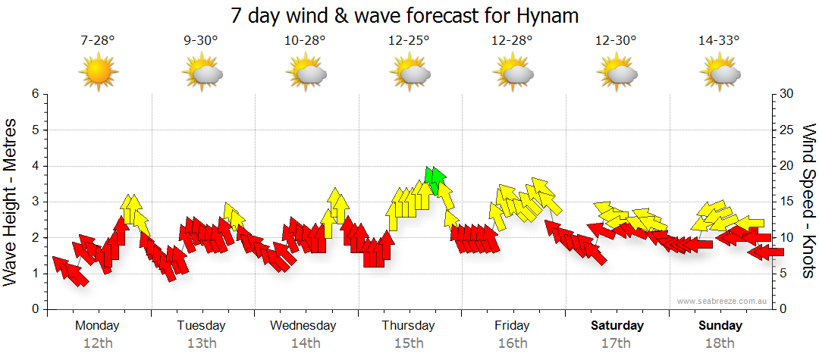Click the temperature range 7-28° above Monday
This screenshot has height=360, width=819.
point(98,41)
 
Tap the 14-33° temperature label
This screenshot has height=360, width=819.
point(719,41)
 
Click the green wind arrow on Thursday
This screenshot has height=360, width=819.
point(435,180)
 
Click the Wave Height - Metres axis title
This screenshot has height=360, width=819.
point(11,202)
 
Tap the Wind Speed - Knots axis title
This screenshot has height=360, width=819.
point(808,202)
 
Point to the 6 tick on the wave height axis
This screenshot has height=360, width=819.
point(34,94)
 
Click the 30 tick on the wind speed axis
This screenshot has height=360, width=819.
point(786,94)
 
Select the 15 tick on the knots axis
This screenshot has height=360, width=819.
point(786,202)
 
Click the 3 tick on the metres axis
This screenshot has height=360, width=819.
point(34,202)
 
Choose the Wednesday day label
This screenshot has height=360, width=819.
point(303,326)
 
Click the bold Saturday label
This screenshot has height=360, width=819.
point(617,326)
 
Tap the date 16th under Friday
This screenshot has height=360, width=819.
point(513,343)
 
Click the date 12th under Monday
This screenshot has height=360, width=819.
point(98,343)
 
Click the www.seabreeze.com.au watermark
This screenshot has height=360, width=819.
point(719,301)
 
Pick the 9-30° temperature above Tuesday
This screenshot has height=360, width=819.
point(201,41)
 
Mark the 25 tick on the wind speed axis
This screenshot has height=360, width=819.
point(786,130)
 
